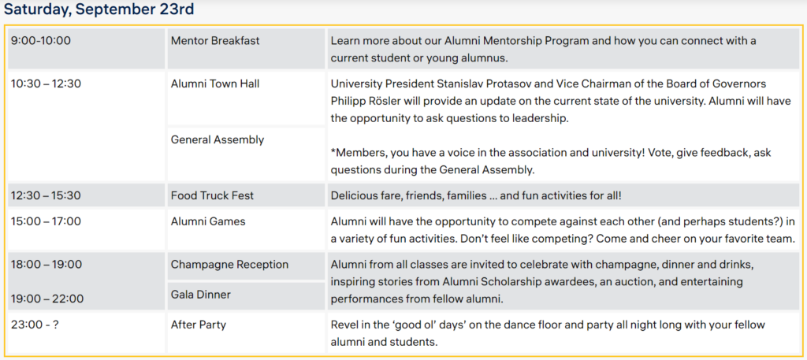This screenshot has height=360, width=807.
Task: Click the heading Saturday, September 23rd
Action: coord(99,9)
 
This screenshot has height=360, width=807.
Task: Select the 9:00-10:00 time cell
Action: coord(86,48)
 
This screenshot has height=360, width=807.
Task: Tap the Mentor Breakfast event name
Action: coord(215,41)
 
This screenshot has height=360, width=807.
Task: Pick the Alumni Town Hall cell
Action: coord(246,98)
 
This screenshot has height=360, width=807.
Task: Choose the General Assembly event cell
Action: coord(246,154)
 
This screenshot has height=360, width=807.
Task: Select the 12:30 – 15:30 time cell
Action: coord(86,195)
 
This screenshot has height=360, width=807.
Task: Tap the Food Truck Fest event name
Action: coord(212,195)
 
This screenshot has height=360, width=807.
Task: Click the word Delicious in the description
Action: coord(353,195)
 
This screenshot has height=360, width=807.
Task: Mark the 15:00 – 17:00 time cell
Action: coord(86,229)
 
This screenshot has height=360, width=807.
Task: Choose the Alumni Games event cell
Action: coord(246,229)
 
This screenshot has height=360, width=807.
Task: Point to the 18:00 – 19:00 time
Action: coord(46,265)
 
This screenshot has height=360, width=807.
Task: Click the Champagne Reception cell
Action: coord(246,265)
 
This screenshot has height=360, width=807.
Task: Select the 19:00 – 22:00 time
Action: coord(47,299)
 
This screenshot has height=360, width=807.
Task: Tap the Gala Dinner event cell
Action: coord(246,295)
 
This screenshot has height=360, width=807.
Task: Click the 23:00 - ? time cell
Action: coord(86,332)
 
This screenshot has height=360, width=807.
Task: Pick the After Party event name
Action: coord(198,325)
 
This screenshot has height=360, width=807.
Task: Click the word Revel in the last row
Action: coord(344,325)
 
